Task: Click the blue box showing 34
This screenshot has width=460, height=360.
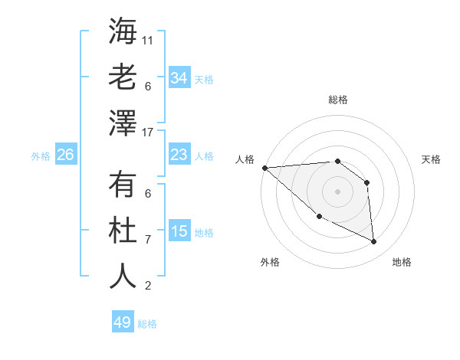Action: [x=179, y=78]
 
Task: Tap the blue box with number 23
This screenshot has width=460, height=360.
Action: [x=179, y=155]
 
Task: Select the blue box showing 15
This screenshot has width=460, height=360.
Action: [x=179, y=232]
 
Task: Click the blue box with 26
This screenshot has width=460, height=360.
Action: [x=66, y=155]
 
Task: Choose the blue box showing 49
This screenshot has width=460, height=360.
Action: [x=123, y=322]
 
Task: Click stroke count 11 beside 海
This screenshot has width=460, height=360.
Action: [x=149, y=39]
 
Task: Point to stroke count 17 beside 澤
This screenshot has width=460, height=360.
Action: [x=149, y=132]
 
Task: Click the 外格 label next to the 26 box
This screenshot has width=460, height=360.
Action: [x=41, y=156]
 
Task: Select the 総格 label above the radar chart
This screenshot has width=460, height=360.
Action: [x=338, y=100]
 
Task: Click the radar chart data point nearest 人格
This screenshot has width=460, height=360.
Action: [x=264, y=167]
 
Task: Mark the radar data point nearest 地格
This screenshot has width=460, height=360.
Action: [x=374, y=242]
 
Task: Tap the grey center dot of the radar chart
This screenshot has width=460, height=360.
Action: [x=337, y=191]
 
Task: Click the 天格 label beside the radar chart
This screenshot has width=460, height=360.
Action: [x=432, y=159]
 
